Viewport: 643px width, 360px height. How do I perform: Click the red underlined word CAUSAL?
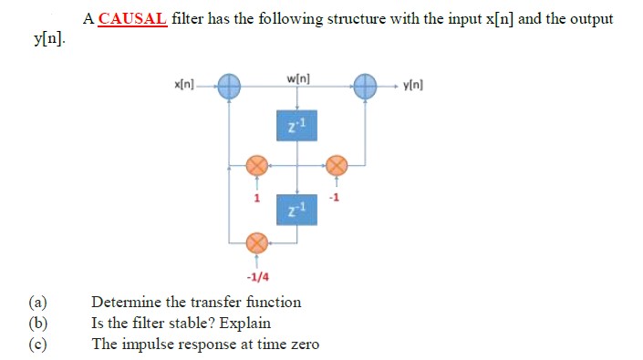point(132,18)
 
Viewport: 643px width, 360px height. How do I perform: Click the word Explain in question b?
point(244,324)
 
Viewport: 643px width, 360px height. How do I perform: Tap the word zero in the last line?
point(302,345)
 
